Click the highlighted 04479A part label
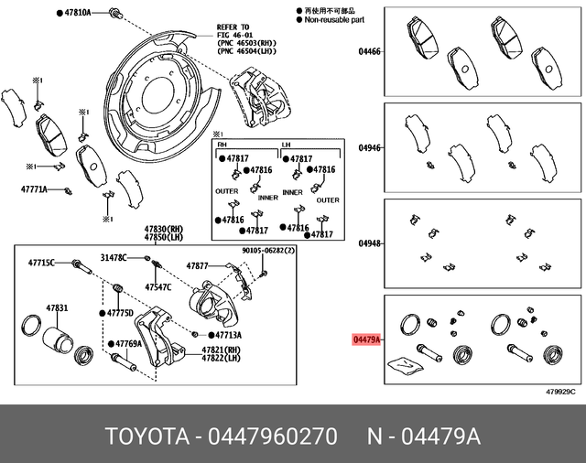pos(366,339)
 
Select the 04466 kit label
pos(369,52)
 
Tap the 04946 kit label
pos(369,147)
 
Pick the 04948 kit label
pos(369,243)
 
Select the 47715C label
pos(39,263)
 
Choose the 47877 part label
pos(199,265)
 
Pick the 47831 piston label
pos(57,307)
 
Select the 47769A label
pos(129,344)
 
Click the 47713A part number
pos(220,335)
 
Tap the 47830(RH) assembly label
pos(162,230)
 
